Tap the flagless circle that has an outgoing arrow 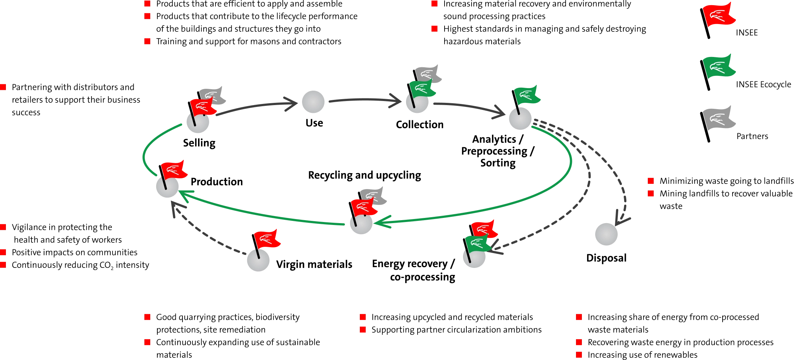314,102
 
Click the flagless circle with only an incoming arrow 607,234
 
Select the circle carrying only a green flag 519,118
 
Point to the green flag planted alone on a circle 527,95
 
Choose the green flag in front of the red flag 478,243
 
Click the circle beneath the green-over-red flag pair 473,258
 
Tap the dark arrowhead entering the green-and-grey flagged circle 396,101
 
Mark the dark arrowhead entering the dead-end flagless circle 622,219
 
